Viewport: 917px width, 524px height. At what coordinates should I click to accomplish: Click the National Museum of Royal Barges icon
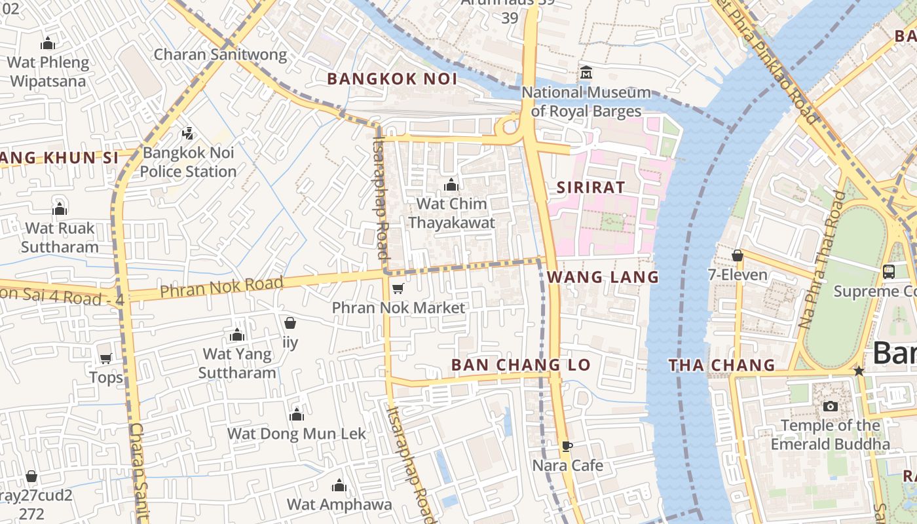coord(586,71)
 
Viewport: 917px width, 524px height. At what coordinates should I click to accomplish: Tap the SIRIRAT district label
coord(591,187)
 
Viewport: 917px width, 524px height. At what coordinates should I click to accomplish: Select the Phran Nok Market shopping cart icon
coord(397,288)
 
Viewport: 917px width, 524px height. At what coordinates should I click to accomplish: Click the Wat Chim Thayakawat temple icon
coord(451,185)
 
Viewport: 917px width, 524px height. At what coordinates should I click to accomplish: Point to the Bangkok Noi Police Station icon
coord(188,134)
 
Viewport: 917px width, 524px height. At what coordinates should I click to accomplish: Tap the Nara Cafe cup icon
coord(567,446)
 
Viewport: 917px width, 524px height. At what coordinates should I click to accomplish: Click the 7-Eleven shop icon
coord(738,255)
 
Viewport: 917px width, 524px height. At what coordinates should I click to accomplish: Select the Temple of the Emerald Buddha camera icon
coord(830,406)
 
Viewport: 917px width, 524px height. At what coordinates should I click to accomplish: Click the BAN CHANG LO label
coord(521,365)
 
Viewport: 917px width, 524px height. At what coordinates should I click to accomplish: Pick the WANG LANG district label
coord(603,277)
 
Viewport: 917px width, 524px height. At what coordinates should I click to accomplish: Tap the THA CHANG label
coord(722,365)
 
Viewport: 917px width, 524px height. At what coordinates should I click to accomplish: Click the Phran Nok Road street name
coord(221,287)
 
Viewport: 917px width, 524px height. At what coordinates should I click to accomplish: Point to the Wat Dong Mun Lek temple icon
coord(297,415)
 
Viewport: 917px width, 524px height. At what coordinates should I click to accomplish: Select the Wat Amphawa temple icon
coord(339,485)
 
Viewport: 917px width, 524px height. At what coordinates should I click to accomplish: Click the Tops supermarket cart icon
coord(105,358)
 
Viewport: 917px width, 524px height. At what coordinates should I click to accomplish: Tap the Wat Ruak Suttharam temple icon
coord(60,209)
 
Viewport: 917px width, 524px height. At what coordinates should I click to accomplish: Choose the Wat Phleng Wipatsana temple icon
coord(47,43)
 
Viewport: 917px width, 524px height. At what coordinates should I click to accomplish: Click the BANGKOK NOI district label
coord(392,79)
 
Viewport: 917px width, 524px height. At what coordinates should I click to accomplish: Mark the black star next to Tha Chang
coord(859,371)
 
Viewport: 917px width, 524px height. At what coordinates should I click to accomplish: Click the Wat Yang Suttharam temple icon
coord(237,335)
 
